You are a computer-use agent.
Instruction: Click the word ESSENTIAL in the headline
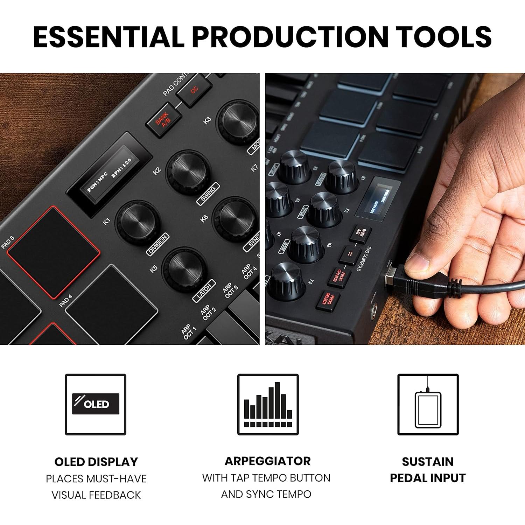coord(108,36)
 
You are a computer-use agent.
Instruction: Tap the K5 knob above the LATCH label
coord(185,269)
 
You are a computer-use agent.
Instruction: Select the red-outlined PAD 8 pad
coord(54,252)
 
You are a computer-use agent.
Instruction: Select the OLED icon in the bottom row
coord(96,404)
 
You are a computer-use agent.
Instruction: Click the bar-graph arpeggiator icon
coord(268,404)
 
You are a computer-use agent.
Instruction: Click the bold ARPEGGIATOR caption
coord(267,461)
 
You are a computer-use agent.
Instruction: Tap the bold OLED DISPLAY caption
coord(96,462)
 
